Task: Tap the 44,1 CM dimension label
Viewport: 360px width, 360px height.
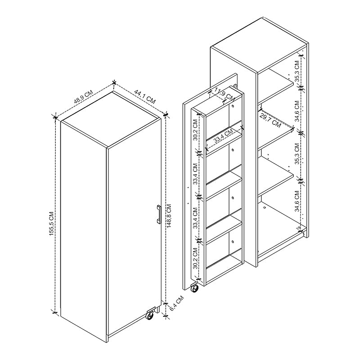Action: click(x=145, y=97)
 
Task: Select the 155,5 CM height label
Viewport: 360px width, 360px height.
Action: click(x=51, y=223)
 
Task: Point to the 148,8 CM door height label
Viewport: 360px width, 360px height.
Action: click(x=169, y=216)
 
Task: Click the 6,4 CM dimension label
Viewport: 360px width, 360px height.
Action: click(x=176, y=303)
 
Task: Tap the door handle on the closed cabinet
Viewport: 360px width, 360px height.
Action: click(x=159, y=214)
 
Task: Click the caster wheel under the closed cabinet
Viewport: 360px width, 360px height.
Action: click(x=149, y=315)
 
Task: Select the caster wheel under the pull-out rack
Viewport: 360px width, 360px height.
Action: click(x=194, y=288)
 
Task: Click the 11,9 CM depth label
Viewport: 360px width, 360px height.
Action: click(x=223, y=95)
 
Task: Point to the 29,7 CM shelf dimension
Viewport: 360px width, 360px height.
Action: click(x=270, y=121)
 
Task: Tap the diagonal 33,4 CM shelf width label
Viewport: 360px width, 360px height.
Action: click(x=223, y=136)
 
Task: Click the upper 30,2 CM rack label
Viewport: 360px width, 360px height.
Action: click(x=195, y=130)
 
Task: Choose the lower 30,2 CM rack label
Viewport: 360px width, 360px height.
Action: click(x=195, y=258)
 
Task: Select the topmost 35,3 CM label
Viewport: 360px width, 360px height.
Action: click(x=297, y=71)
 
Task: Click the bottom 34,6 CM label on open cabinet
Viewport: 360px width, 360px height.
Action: click(x=297, y=201)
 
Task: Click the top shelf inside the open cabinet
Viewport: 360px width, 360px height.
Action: click(x=275, y=85)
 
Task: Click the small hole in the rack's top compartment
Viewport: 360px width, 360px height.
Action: click(x=233, y=106)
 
